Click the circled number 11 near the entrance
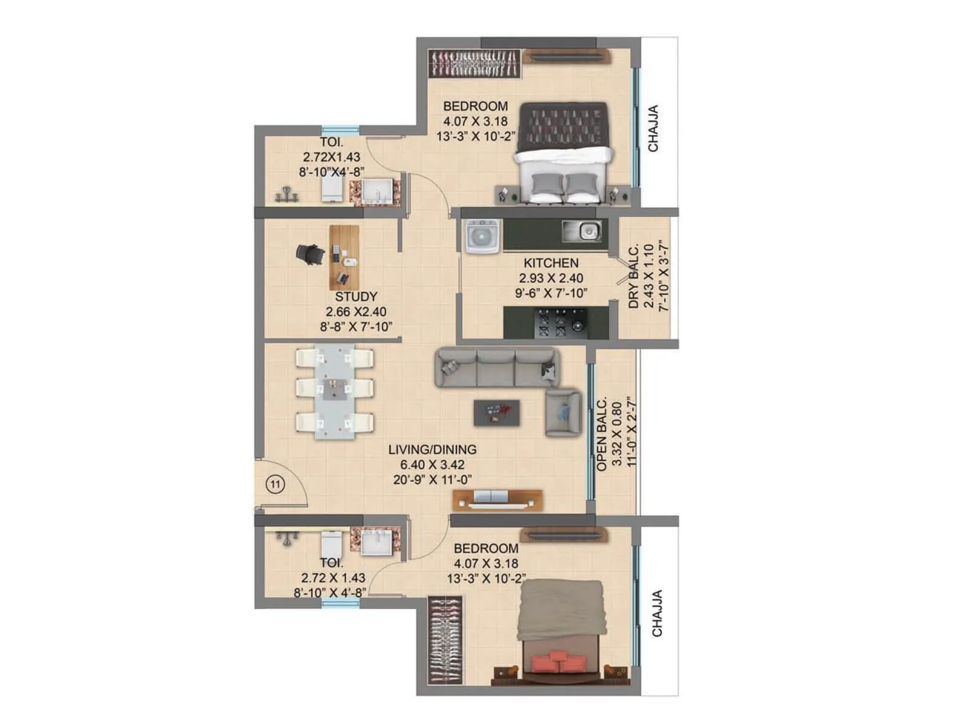click(x=276, y=485)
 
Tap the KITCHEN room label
click(x=551, y=263)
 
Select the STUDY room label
click(x=356, y=297)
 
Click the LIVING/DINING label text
click(x=432, y=449)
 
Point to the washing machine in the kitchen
click(x=482, y=234)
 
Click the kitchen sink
click(x=582, y=231)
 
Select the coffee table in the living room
click(x=497, y=413)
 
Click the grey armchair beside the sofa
click(x=563, y=413)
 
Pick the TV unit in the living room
click(x=497, y=499)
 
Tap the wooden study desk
click(x=344, y=257)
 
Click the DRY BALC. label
click(x=633, y=277)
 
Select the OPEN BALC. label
click(x=602, y=434)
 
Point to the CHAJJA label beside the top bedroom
click(x=653, y=129)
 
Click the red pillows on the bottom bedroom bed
click(x=558, y=661)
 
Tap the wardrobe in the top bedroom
click(x=475, y=63)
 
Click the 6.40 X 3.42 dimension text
click(x=432, y=465)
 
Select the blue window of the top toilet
click(x=332, y=130)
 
